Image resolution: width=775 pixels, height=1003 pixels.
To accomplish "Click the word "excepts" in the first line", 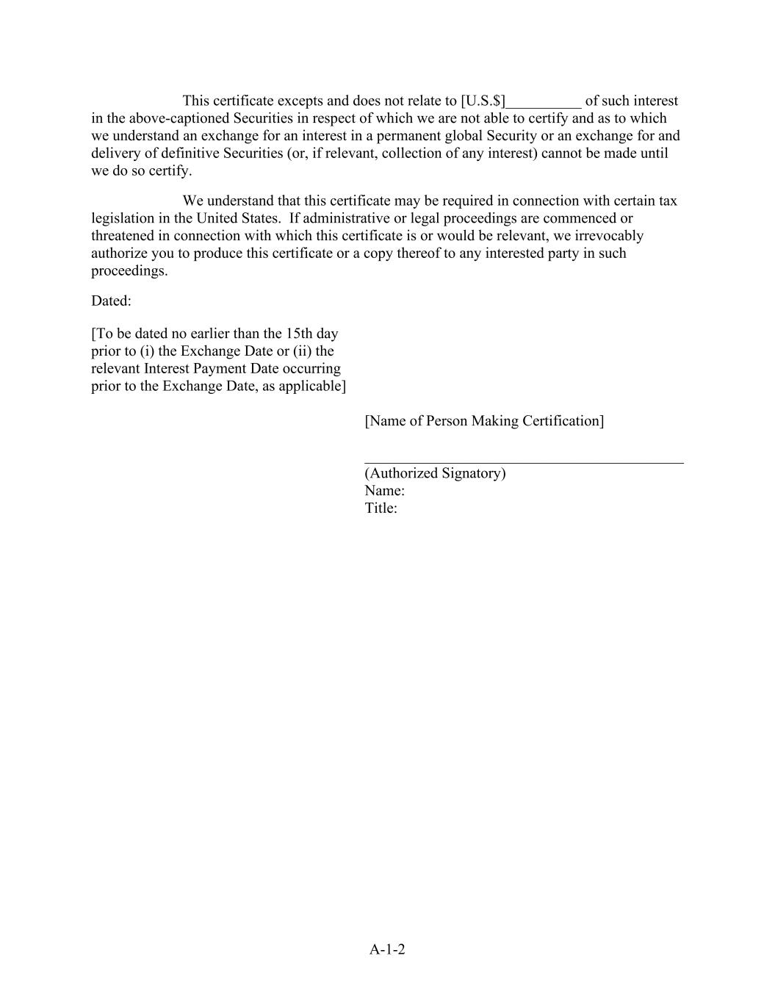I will tap(300, 101).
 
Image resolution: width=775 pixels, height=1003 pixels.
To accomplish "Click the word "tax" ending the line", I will tap(668, 201).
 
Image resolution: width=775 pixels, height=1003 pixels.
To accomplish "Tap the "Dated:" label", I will tap(111, 301).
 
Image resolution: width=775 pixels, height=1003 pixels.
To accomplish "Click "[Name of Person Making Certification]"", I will tap(484, 421).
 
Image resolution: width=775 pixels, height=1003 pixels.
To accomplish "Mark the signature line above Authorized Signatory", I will tap(524, 462).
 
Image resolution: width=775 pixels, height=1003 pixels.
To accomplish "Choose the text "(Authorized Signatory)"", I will tap(435, 473).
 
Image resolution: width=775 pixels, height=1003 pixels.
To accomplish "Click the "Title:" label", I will tap(381, 508).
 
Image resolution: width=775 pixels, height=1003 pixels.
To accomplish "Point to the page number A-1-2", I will tap(387, 949).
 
